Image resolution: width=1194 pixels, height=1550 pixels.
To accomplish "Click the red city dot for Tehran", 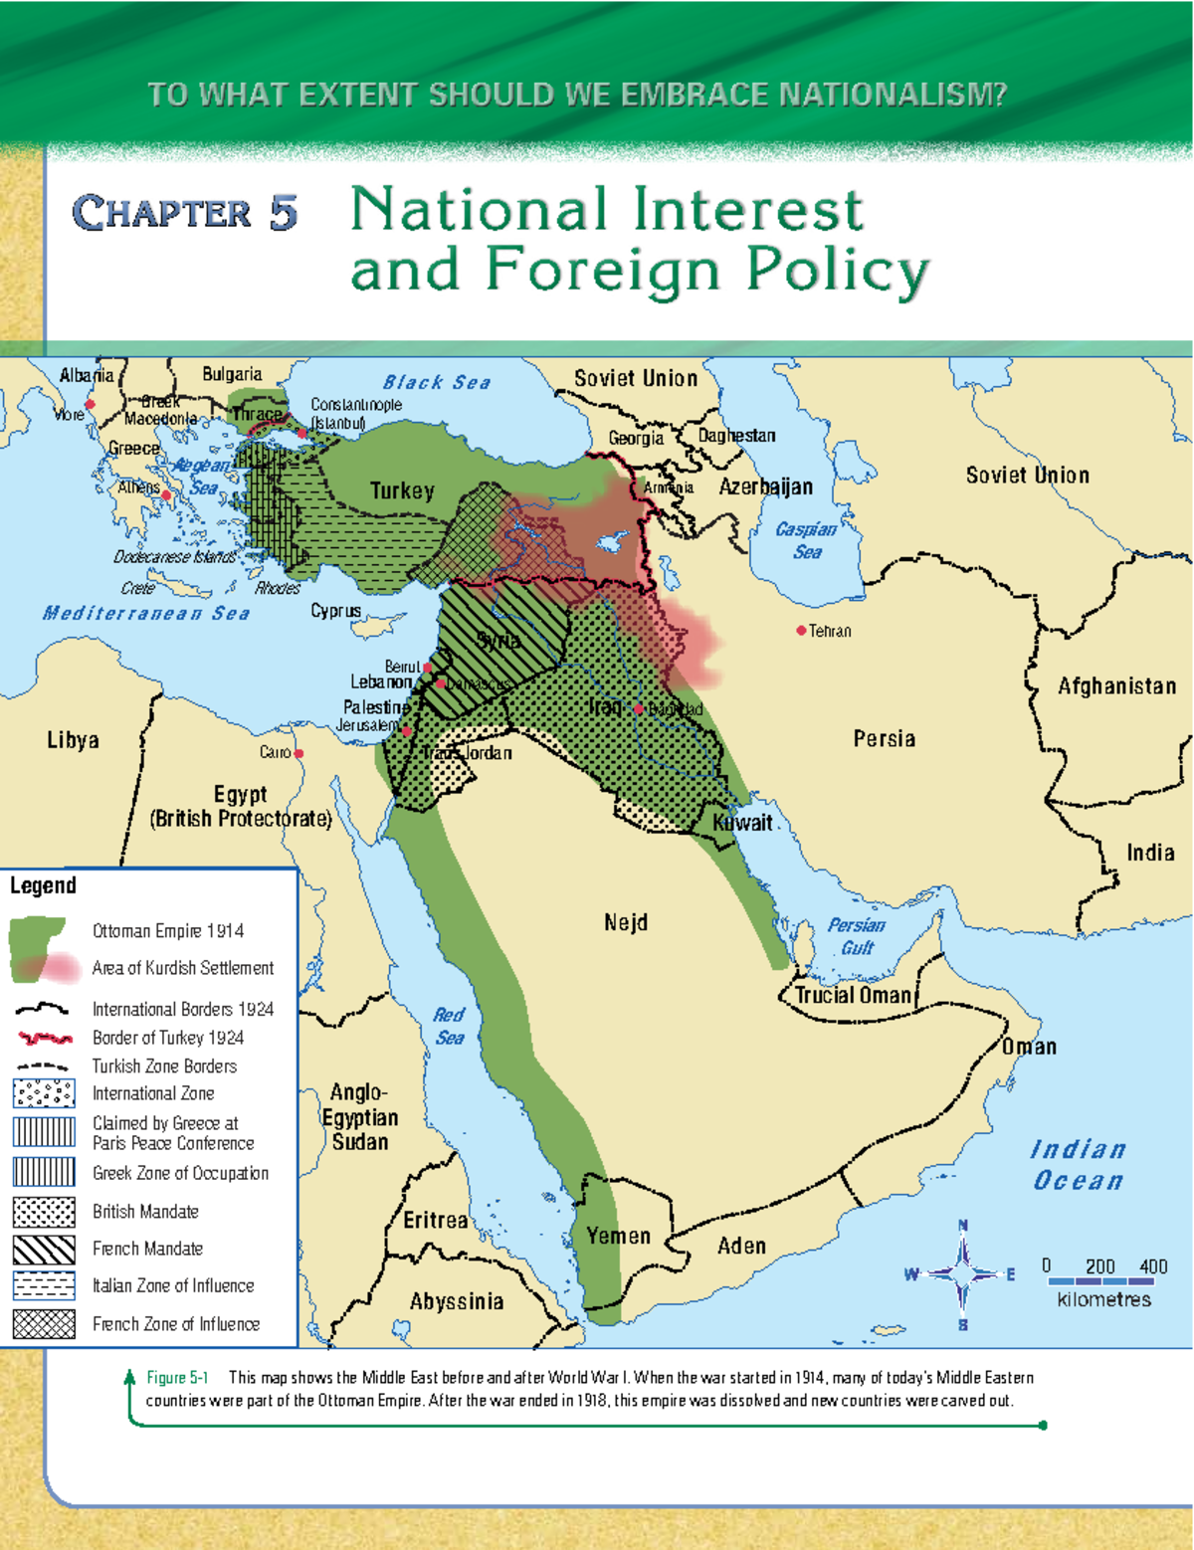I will [801, 631].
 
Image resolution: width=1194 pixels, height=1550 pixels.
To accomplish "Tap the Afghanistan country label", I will [1116, 686].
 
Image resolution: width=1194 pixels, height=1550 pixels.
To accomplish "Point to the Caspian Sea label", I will [806, 540].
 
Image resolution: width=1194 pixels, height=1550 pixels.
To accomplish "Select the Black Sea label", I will [437, 383].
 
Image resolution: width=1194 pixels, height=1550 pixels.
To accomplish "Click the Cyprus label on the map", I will [335, 611].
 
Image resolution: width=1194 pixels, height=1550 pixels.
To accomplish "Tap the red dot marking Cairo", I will [298, 753].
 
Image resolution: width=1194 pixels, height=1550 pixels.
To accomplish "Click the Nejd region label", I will [625, 923].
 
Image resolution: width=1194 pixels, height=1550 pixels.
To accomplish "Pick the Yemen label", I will [618, 1236].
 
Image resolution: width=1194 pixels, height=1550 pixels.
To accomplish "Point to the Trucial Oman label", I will [853, 996].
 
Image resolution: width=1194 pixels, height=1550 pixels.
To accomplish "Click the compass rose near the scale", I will [962, 1273].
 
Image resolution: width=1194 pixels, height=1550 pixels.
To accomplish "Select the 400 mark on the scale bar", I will [1153, 1266].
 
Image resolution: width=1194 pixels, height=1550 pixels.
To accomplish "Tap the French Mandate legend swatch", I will [44, 1249].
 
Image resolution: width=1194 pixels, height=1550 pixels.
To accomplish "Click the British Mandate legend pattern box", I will [44, 1212].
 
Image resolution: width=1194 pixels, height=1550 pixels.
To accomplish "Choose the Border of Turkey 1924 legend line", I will [44, 1038].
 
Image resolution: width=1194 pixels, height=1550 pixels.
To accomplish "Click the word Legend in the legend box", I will [43, 885].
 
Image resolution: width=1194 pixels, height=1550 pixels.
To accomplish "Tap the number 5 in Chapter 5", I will [283, 213].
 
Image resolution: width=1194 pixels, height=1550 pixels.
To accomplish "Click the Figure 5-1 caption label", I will [177, 1378].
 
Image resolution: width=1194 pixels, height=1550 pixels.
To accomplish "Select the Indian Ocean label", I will [1078, 1165].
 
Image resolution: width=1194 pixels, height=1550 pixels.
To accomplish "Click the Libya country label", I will [73, 740].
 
